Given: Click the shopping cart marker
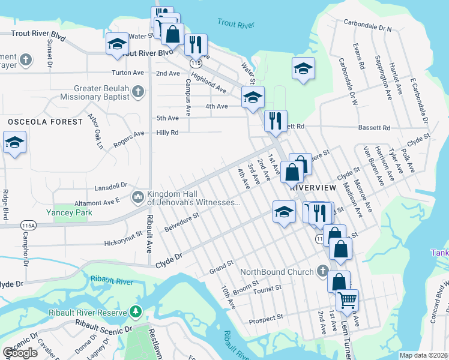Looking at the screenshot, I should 347,299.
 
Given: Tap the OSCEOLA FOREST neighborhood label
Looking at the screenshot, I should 45,122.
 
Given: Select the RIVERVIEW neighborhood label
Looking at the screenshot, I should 309,187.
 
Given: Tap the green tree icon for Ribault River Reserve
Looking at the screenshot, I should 136,312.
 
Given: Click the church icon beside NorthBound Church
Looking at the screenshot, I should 324,272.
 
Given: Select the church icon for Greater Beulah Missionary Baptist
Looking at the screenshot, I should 138,91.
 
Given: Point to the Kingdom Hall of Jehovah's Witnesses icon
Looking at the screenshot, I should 137,197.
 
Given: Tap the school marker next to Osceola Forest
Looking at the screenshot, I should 14,144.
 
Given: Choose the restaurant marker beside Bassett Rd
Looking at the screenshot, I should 276,120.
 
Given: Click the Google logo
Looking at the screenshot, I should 20,353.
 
